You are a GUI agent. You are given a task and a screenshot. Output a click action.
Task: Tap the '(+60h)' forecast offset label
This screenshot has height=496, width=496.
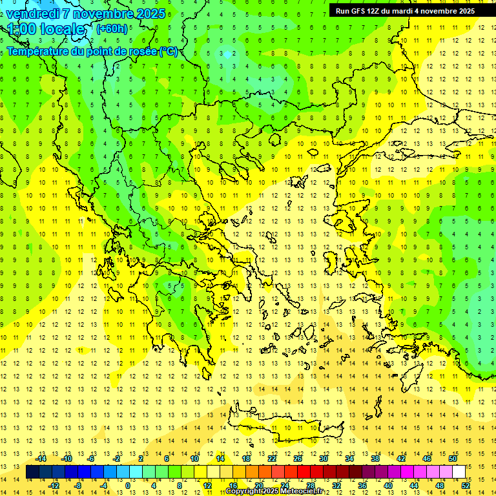tap(112, 28)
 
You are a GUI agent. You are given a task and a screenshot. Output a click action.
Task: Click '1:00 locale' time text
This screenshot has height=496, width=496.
tap(46, 29)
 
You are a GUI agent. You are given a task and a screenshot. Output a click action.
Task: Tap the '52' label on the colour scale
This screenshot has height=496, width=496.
tap(466, 486)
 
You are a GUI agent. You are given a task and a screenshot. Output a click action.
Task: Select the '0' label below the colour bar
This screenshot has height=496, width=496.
tap(128, 486)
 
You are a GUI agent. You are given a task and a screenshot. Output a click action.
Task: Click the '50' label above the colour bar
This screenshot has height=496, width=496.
tap(453, 459)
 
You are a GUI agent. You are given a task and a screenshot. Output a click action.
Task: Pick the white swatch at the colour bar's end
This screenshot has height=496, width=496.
tap(459, 472)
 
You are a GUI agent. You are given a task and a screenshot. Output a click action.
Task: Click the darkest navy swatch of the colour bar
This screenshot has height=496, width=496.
tap(32, 472)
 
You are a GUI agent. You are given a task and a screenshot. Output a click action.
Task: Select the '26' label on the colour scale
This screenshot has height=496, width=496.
tap(298, 459)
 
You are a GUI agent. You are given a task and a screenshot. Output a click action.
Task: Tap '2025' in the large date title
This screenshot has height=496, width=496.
tap(147, 13)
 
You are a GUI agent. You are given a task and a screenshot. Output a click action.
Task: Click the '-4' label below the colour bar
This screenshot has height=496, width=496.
tap(103, 486)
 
